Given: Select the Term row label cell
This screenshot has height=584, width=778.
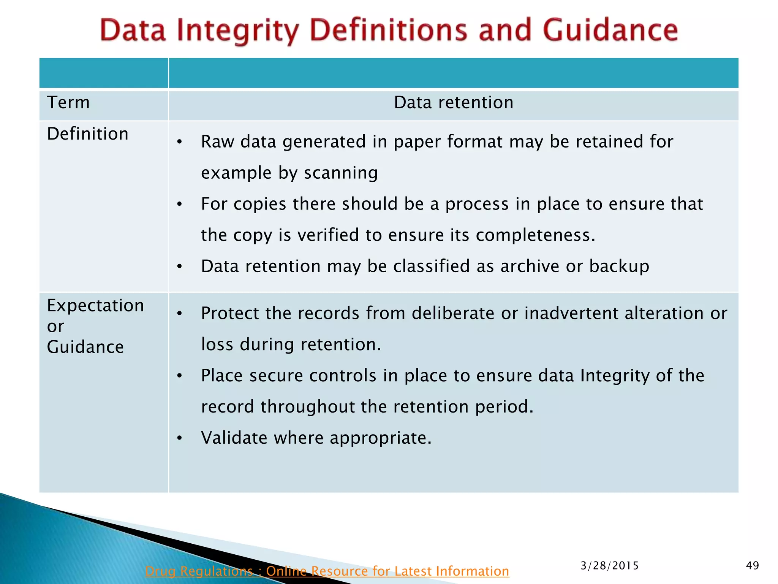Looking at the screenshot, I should coord(68,103).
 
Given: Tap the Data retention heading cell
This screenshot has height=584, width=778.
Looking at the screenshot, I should coord(453,103).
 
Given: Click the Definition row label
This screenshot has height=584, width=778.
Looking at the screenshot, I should coord(88,134).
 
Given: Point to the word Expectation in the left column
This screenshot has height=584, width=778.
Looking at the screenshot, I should coord(95,306).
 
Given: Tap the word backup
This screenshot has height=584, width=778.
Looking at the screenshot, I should coord(619,266).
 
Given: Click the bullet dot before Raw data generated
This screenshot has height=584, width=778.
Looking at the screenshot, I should coord(180,143).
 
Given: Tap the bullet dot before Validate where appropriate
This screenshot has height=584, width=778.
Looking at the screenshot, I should coord(180,439).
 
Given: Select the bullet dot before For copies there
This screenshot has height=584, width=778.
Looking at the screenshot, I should coord(180,205).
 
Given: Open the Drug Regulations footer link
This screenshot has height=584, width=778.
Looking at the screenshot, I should coord(327,571).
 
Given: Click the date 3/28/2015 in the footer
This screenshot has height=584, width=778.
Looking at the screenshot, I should coord(609,566).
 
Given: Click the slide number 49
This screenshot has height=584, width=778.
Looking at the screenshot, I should coord(752,566).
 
